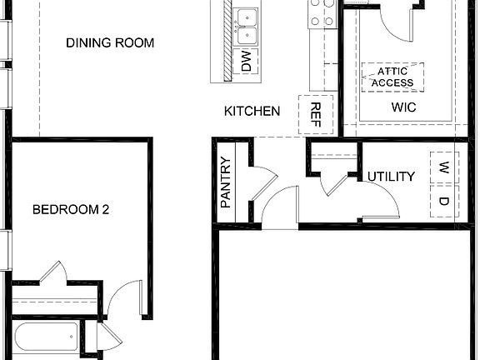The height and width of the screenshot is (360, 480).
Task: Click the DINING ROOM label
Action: coord(110,43)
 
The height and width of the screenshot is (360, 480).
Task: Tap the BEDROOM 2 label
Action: coord(71,210)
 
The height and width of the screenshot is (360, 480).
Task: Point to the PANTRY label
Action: coord(225,182)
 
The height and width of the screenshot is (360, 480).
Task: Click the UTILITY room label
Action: coord(391,177)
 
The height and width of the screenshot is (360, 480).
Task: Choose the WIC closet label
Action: coord(403,108)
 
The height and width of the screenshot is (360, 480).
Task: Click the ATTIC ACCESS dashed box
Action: coord(392,77)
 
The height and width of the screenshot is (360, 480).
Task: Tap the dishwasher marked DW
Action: coord(246,61)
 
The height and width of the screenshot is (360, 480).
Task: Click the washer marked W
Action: coord(444,166)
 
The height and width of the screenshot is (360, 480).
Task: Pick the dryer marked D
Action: coord(444,200)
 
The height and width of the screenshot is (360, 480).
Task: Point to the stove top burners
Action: coord(321,13)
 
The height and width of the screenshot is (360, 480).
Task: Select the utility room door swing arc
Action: coord(379,200)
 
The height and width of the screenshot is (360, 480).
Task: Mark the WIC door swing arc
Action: coord(392,21)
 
